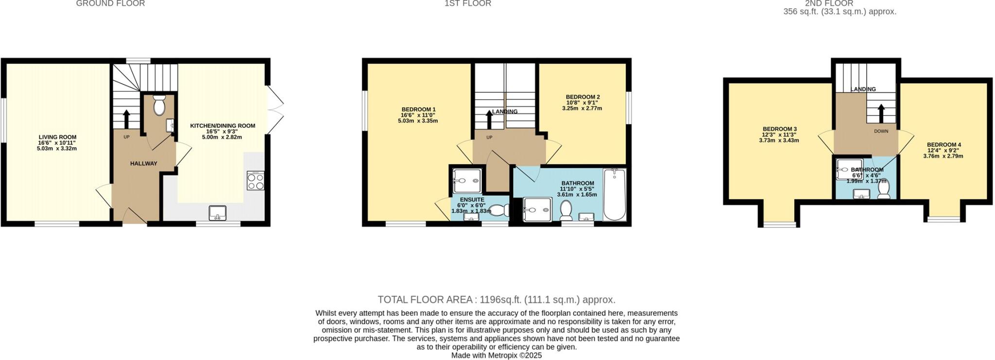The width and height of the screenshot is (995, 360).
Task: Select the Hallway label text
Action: tap(144, 164)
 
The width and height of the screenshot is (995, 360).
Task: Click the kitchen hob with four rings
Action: tap(256, 181)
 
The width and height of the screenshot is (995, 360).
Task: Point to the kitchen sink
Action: tap(218, 213)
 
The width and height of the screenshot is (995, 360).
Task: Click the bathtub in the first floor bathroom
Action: tap(615, 194)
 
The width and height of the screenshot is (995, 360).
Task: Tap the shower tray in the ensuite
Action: tap(467, 181)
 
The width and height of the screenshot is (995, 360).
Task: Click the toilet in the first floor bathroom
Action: tap(566, 210)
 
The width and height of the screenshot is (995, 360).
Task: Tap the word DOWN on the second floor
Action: tap(881, 131)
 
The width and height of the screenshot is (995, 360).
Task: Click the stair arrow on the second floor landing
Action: tap(880, 114)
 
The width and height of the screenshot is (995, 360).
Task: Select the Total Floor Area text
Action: tap(496, 300)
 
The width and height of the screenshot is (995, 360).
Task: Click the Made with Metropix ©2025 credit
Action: tap(496, 356)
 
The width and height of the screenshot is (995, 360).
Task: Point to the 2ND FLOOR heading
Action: tap(839, 3)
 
